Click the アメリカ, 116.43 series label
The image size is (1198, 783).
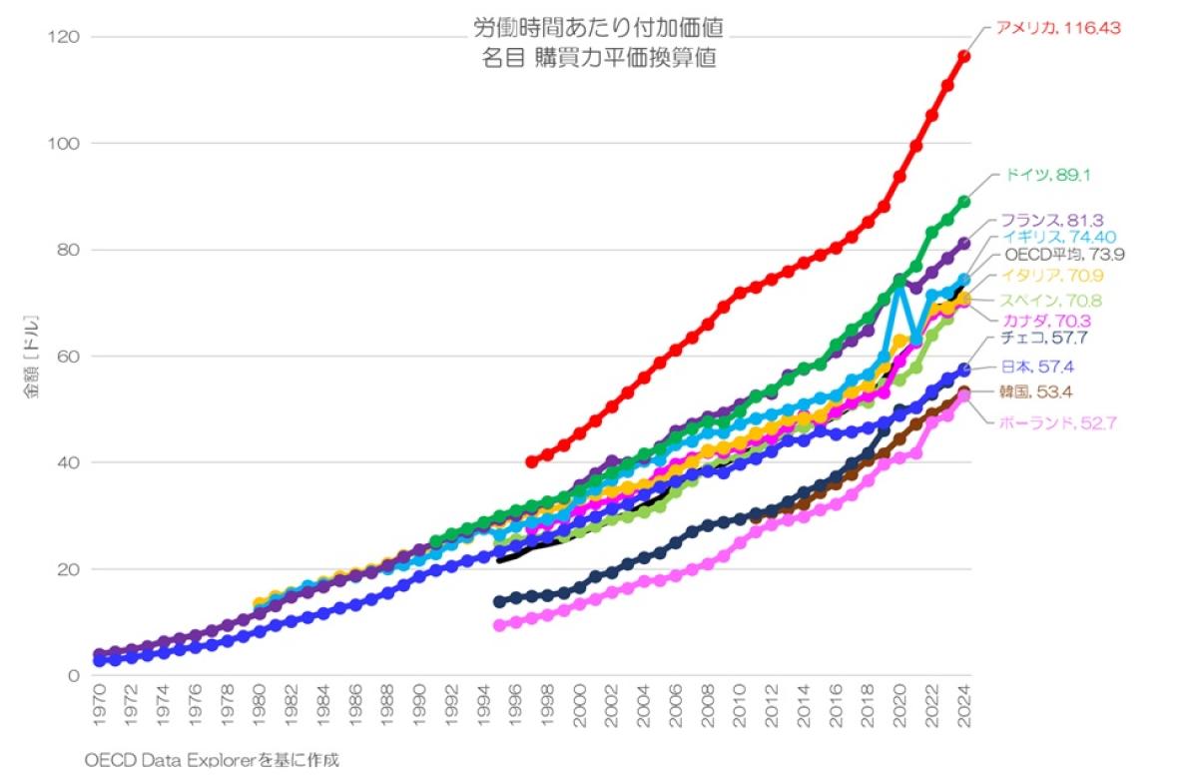1058,28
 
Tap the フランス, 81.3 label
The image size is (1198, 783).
1054,220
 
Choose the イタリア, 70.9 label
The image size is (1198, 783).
1053,276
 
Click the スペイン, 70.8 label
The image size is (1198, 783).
1053,301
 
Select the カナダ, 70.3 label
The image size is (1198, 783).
1047,321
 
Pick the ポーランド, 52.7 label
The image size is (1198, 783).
1056,423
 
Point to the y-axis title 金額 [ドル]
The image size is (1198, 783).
32,357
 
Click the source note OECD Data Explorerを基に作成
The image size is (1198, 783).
212,760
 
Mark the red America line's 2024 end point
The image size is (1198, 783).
963,56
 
